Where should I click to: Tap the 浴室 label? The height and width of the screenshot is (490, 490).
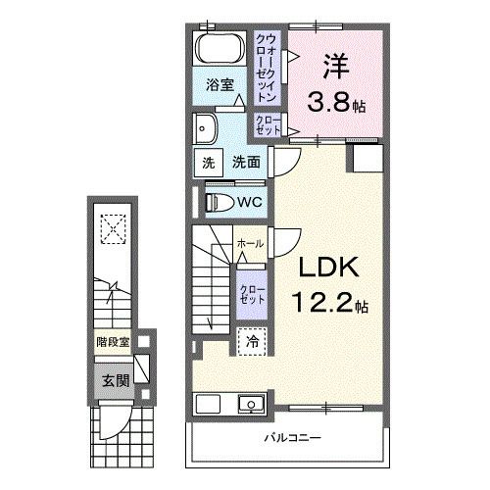pyautogui.click(x=220, y=85)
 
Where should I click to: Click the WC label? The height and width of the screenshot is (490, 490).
pyautogui.click(x=249, y=202)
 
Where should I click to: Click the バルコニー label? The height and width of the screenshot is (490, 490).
pyautogui.click(x=291, y=438)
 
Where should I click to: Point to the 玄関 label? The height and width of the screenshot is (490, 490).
pyautogui.click(x=109, y=380)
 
